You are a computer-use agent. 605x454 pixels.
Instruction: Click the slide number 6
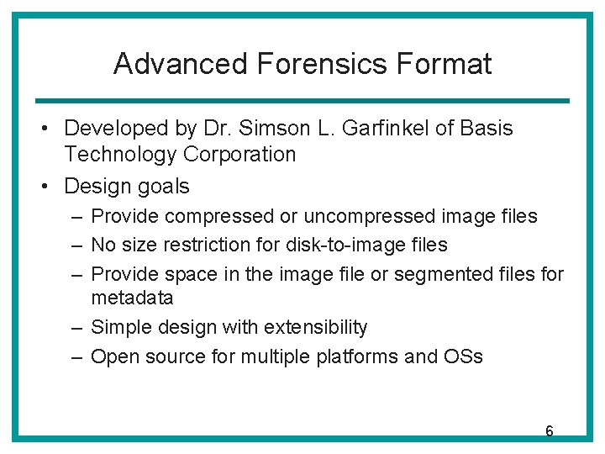click(x=549, y=431)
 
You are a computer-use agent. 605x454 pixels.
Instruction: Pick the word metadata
click(x=132, y=298)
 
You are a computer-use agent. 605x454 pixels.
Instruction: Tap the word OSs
click(x=462, y=356)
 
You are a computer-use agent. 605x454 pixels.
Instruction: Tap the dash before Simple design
click(x=76, y=327)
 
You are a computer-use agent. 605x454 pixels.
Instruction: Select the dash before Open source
click(x=76, y=356)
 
